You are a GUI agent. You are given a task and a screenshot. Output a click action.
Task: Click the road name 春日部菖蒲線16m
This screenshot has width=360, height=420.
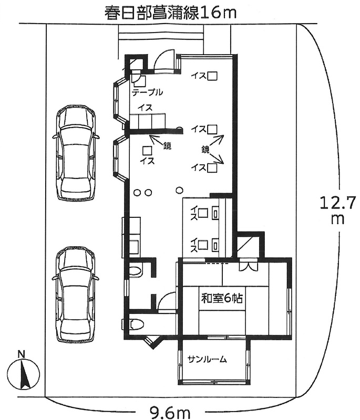point(170,13)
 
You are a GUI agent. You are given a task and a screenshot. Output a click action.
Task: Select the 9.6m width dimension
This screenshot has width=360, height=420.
point(169,413)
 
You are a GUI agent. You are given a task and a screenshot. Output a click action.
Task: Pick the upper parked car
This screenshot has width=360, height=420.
point(76,153)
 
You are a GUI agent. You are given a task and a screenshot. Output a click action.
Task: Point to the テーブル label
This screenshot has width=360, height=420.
point(148,92)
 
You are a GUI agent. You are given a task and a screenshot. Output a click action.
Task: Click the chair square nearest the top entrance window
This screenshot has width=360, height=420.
point(212,76)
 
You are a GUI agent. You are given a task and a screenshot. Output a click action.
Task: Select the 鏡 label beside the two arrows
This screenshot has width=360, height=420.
point(205,149)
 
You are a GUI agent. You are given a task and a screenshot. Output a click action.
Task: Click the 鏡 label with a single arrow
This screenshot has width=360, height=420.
point(167,146)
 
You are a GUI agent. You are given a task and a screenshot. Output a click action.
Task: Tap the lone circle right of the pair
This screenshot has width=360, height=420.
point(179,190)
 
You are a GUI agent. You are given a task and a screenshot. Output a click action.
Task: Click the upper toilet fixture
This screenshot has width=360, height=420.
point(135,270)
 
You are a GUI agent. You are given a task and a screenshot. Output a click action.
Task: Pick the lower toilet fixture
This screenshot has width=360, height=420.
point(137,324)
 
